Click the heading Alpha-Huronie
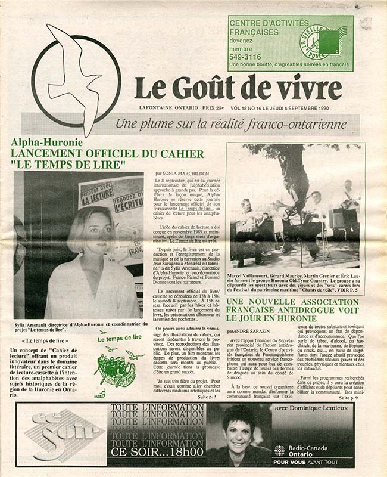coord(47,143)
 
